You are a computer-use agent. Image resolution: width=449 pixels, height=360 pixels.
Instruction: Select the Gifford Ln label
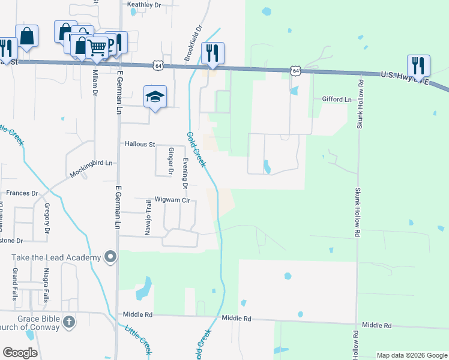coord(336,99)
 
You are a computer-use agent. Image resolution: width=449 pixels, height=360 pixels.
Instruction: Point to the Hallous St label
coord(140,145)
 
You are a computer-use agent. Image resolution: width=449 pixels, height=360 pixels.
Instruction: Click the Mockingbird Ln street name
coord(91,163)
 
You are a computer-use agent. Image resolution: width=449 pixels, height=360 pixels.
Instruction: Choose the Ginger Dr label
coord(171,161)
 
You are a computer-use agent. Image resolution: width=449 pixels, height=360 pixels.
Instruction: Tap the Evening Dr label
coord(186,172)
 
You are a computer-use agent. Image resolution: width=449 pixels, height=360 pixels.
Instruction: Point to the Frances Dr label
coord(22,194)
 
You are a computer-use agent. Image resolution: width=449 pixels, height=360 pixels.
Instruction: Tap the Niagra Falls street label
coord(45,286)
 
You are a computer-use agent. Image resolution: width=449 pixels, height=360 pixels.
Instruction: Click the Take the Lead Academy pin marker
coord(110,257)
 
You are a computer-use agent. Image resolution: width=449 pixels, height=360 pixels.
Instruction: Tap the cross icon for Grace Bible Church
coord(69,322)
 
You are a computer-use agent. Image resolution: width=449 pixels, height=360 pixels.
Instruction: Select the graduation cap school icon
coord(155,96)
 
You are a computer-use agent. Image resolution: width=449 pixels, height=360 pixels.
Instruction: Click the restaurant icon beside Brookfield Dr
coord(212,53)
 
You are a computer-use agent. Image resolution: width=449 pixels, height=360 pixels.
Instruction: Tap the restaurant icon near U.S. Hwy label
coord(418,66)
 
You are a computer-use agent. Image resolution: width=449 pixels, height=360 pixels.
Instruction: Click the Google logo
coord(20,353)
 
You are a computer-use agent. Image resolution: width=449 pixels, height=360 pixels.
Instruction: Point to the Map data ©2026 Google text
coord(411,355)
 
